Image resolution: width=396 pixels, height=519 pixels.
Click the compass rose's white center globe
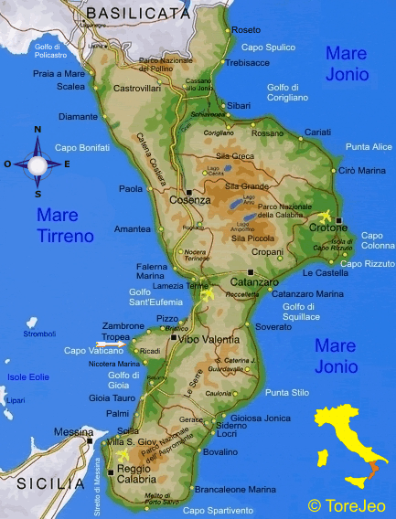coord(37,165)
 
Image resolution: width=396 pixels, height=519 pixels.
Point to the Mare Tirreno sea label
coord(65,226)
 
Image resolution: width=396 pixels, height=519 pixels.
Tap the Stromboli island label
coord(39,334)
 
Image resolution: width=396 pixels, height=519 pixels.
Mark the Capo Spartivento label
coord(219,510)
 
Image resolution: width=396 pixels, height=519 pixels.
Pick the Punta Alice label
coord(369,147)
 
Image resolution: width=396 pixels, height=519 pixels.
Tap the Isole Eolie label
coord(28,376)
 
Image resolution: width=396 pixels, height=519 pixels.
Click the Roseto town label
coord(246,30)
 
